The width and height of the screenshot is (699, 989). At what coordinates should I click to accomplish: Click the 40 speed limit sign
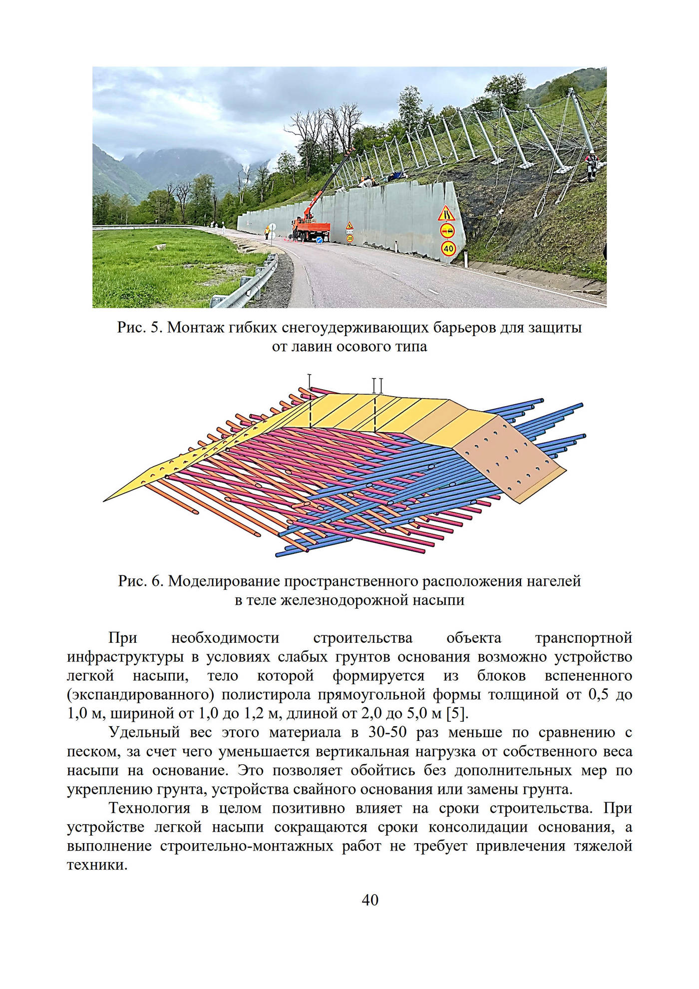(x=448, y=248)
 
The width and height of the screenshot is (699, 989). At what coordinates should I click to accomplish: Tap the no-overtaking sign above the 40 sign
(x=447, y=231)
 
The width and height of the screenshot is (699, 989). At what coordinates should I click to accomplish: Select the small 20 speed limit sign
(x=350, y=238)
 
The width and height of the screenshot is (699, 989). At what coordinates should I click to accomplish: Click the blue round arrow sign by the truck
(x=319, y=240)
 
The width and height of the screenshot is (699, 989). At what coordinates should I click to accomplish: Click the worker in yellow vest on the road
(x=268, y=231)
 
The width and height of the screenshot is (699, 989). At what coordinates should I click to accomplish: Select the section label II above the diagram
(x=377, y=385)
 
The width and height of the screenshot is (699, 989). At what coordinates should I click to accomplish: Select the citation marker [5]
(x=459, y=713)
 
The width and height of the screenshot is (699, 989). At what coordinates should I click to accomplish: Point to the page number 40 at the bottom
(x=370, y=900)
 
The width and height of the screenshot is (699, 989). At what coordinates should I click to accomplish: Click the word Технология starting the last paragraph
(x=150, y=808)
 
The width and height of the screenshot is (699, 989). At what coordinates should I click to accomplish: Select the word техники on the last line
(x=97, y=865)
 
